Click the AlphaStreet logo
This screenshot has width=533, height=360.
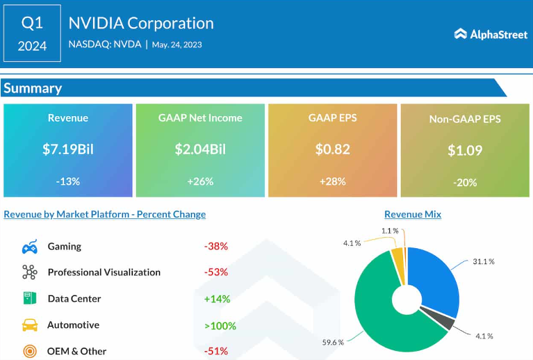pos(491,34)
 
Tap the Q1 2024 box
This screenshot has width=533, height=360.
pos(32,33)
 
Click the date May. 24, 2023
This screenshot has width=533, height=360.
pos(177,44)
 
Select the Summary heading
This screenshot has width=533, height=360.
pos(33,88)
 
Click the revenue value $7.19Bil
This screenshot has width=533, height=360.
pos(68,149)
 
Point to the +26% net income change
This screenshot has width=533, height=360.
pos(200,181)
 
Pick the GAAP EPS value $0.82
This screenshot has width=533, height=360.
pos(332,149)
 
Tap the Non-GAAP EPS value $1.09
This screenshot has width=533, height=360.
pos(465,150)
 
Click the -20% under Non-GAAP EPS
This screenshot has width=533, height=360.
pos(465,183)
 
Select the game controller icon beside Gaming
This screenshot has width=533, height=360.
pos(30,247)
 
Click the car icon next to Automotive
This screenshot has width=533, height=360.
pos(30,325)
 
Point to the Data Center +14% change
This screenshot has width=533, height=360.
pos(217,299)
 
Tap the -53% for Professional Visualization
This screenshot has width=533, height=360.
pos(216,272)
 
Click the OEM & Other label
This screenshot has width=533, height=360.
pos(77,351)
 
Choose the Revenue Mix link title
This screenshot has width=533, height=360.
pos(413,214)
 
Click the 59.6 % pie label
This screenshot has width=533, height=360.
pos(333,342)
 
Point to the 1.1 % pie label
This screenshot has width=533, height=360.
pos(390,231)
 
